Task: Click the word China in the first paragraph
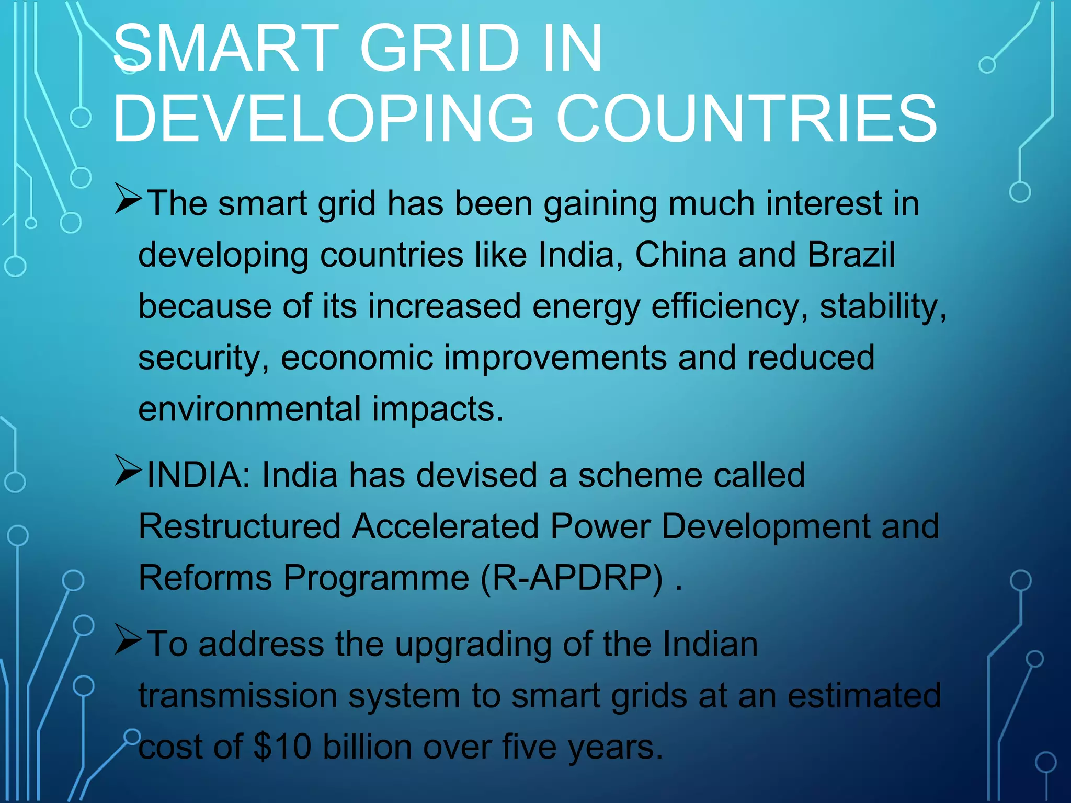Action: [x=680, y=255]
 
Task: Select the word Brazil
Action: [x=851, y=255]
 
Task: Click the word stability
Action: [x=882, y=307]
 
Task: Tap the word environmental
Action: [x=249, y=409]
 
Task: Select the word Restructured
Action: [x=240, y=526]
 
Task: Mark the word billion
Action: [x=367, y=747]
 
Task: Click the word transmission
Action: [x=238, y=696]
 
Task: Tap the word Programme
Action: [x=376, y=578]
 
